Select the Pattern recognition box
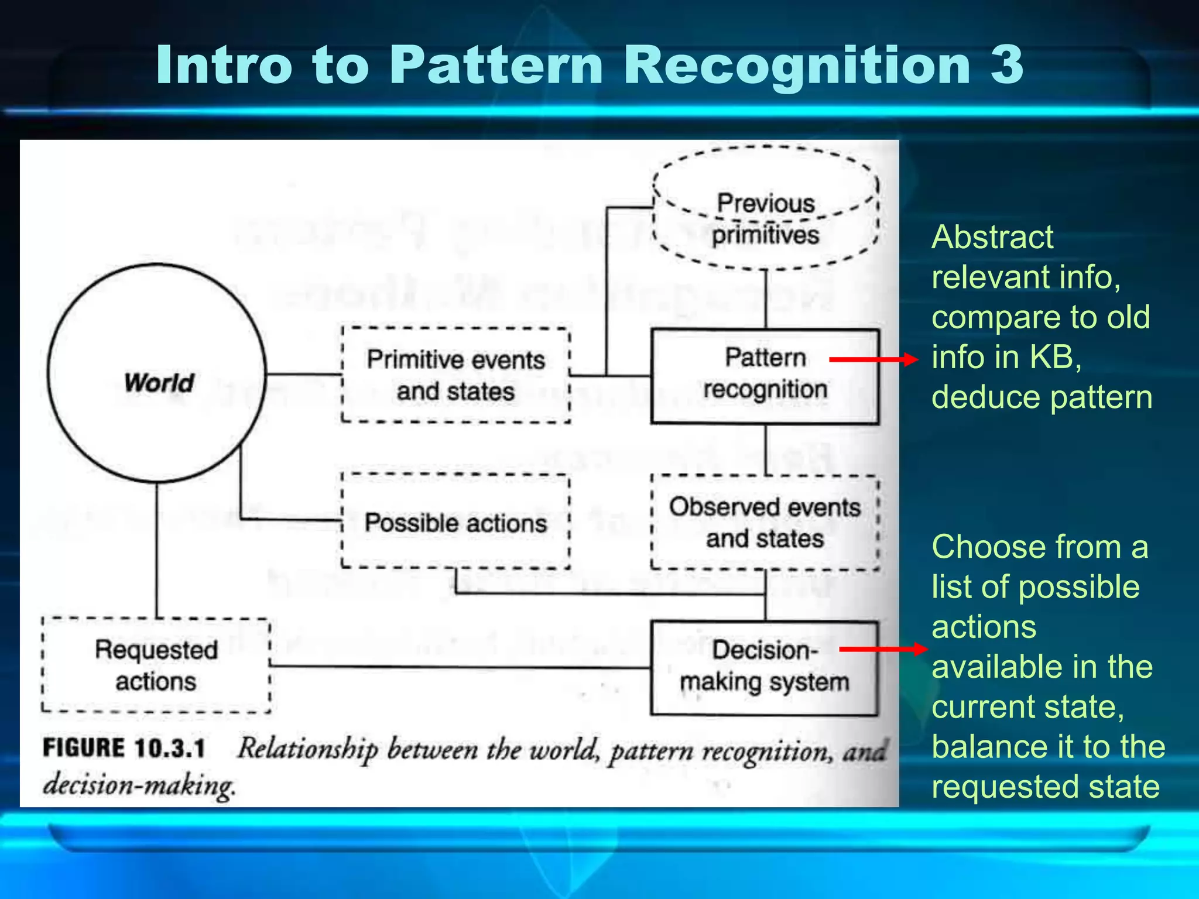click(765, 376)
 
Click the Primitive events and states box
click(455, 375)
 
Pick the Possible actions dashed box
click(455, 522)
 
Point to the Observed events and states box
click(765, 523)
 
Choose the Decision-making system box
click(764, 668)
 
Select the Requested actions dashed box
click(156, 666)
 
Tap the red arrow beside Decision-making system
click(883, 648)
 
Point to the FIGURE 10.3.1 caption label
click(124, 749)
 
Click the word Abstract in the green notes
click(992, 237)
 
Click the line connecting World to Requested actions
click(157, 550)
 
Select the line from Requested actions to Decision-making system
click(460, 667)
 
